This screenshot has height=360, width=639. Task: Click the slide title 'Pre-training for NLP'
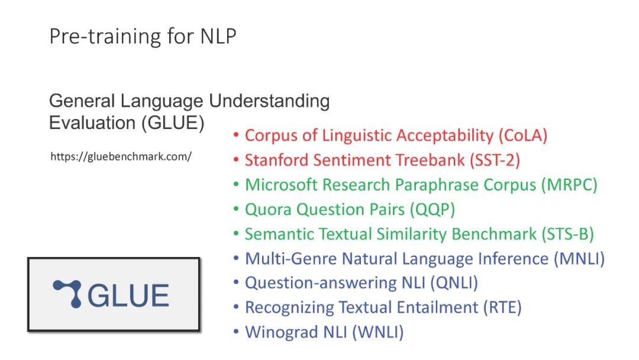[x=143, y=36]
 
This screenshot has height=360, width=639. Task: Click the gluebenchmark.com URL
[x=121, y=156]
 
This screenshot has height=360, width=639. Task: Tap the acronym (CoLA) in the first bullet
[x=523, y=136]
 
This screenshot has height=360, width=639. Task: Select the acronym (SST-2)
[x=495, y=160]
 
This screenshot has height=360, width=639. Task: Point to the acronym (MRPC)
[x=569, y=185]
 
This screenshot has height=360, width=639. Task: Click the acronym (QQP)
[x=432, y=210]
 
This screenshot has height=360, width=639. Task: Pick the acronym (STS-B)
[x=567, y=234]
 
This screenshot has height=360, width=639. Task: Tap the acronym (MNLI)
[x=579, y=259]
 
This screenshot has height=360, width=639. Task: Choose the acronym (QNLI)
[x=454, y=283]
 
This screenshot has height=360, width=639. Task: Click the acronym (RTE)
[x=502, y=307]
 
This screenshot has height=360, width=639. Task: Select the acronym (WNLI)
[x=377, y=332]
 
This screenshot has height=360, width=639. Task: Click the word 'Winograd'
[x=282, y=332]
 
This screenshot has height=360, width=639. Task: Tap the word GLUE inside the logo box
[x=128, y=295]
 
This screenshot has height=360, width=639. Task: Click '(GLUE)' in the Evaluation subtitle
[x=173, y=123]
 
